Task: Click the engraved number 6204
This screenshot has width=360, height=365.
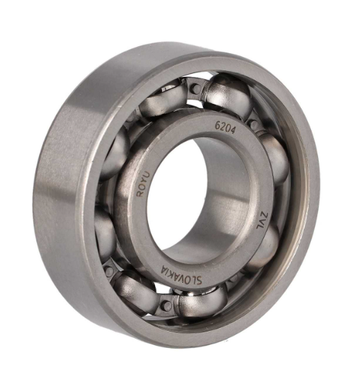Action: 225,128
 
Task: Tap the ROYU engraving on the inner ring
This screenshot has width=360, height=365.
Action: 144,184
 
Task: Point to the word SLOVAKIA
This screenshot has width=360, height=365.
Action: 182,275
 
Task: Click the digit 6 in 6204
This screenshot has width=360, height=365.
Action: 217,125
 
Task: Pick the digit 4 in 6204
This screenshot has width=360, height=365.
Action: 233,131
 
